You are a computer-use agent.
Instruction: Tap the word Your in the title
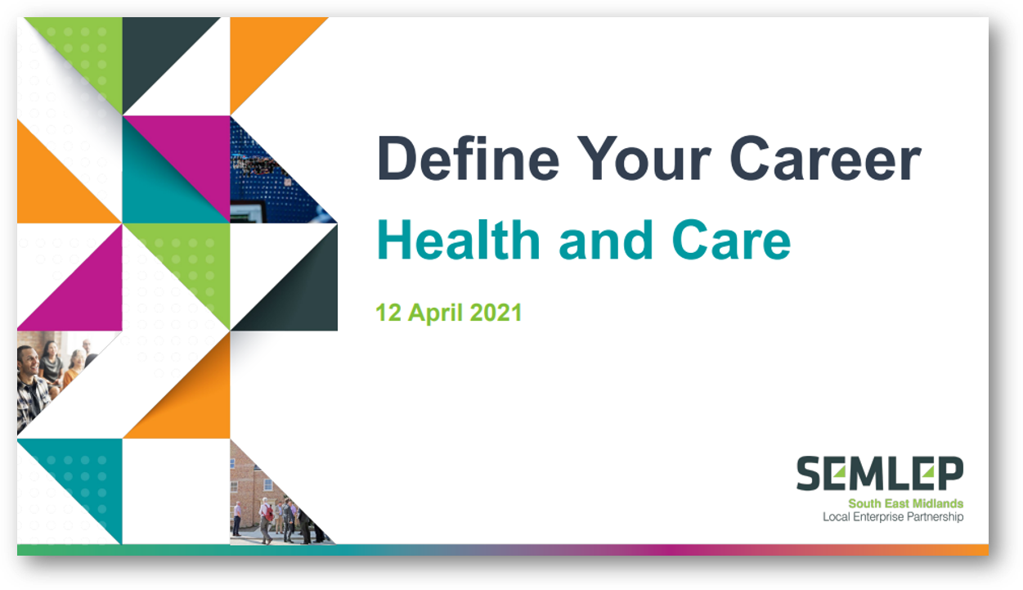(x=644, y=158)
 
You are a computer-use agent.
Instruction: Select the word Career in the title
(x=826, y=158)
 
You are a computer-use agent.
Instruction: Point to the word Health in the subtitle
(x=459, y=240)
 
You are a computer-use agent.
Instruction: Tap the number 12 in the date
(x=388, y=313)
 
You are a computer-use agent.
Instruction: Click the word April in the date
(x=435, y=313)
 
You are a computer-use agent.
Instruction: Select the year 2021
(x=496, y=313)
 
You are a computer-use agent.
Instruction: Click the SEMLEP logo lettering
(x=880, y=473)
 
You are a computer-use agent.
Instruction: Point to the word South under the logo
(x=864, y=503)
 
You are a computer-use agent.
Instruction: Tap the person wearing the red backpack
(x=266, y=520)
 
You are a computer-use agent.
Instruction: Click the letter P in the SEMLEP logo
(x=949, y=473)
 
